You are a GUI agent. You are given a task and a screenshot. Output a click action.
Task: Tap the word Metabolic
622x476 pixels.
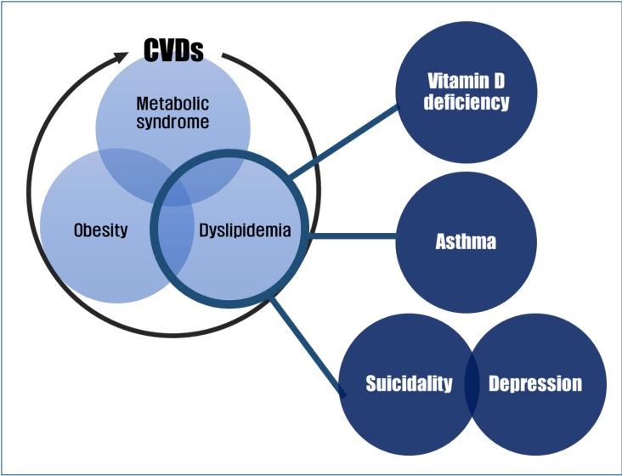172,105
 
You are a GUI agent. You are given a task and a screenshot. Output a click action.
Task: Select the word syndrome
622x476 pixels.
172,123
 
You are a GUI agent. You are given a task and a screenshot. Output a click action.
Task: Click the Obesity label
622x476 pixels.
100,229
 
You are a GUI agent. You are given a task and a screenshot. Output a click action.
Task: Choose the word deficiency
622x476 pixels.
467,104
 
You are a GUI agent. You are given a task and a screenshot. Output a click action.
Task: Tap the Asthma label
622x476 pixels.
467,242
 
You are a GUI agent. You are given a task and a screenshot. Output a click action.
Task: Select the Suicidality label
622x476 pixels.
409,383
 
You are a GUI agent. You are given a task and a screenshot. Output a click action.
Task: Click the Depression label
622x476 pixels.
535,383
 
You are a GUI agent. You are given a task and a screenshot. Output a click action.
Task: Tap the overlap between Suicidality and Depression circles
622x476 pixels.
472,383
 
